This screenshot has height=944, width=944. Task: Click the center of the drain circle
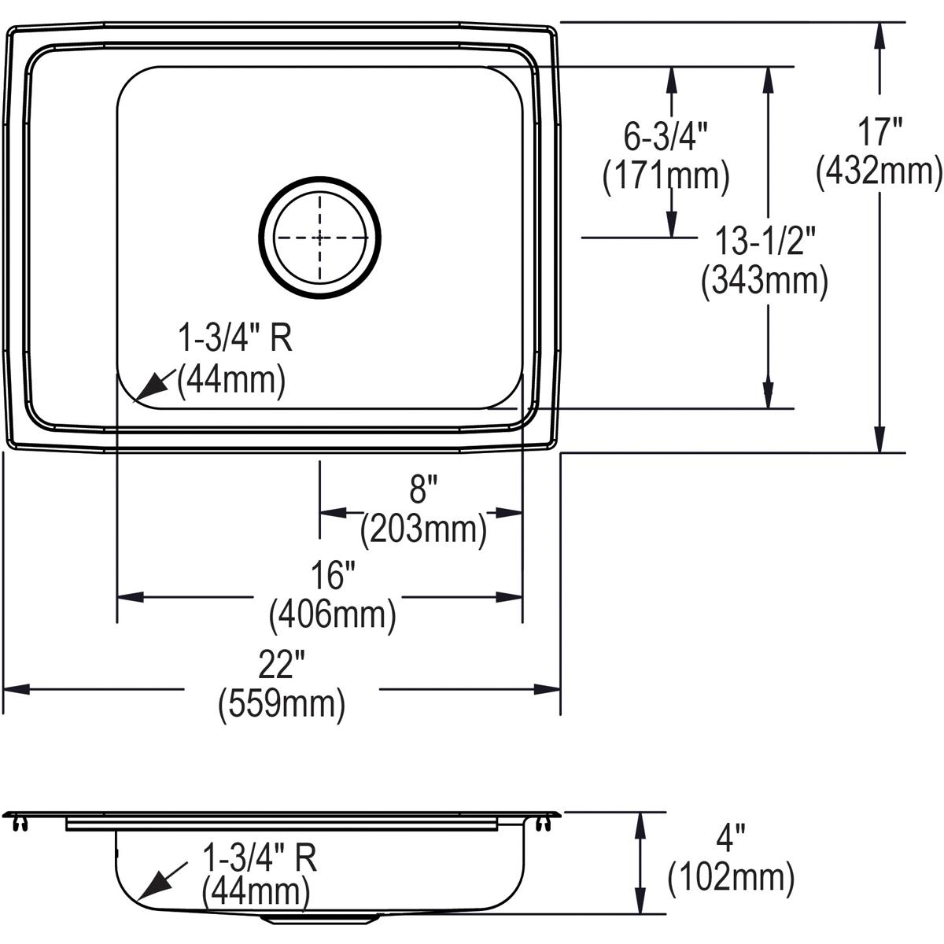(x=320, y=237)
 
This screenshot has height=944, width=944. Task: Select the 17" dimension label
(x=879, y=132)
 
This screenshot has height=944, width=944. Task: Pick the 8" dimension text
(x=422, y=492)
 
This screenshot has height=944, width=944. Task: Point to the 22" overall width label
(x=282, y=667)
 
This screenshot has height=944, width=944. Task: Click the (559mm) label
(x=282, y=704)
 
